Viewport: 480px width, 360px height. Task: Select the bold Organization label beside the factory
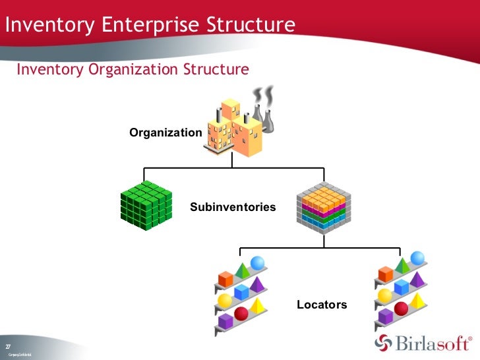(165, 133)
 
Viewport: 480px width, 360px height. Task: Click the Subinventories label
(233, 207)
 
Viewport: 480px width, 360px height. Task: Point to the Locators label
(322, 305)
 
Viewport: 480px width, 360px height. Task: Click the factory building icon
(232, 129)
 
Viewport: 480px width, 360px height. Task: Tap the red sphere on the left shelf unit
(241, 313)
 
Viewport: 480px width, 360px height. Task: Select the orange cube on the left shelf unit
(225, 279)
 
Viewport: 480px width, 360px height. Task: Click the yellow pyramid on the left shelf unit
(257, 305)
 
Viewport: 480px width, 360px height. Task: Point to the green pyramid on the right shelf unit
(401, 266)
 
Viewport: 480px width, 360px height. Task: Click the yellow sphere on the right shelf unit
(383, 295)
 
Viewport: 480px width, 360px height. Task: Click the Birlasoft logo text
(433, 344)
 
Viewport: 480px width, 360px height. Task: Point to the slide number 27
(7, 347)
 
